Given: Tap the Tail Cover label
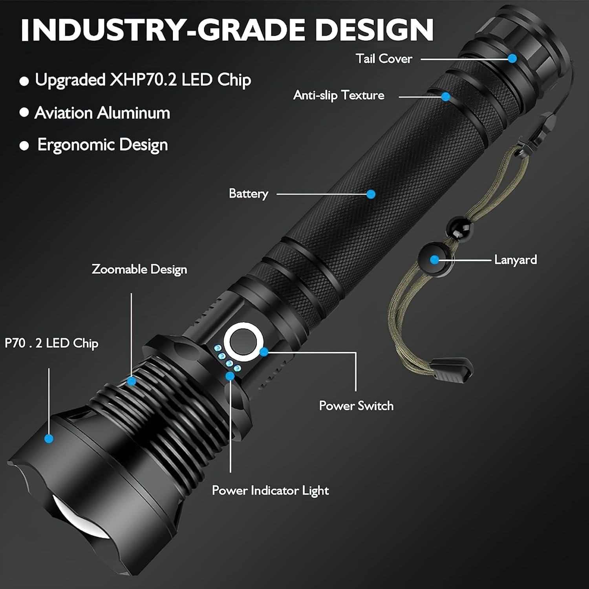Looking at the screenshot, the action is click(384, 59).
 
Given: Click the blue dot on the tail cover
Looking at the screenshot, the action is click(512, 59).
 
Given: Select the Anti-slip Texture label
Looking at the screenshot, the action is click(339, 95).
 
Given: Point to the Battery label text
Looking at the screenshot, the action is click(249, 194).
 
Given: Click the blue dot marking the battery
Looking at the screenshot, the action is click(371, 194).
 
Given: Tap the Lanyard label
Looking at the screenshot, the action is click(516, 260).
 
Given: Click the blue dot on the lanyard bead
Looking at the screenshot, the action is click(434, 260).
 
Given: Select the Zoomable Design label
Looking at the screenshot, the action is click(139, 270).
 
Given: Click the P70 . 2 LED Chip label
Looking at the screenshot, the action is click(51, 343).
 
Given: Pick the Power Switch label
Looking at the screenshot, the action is click(356, 406).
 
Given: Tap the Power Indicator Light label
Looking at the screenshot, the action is click(271, 490).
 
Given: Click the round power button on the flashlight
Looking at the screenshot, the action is click(241, 343).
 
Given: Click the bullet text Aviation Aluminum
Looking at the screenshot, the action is click(102, 113).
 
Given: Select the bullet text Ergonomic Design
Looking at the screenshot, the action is click(102, 145).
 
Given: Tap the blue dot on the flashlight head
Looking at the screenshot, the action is click(49, 438).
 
